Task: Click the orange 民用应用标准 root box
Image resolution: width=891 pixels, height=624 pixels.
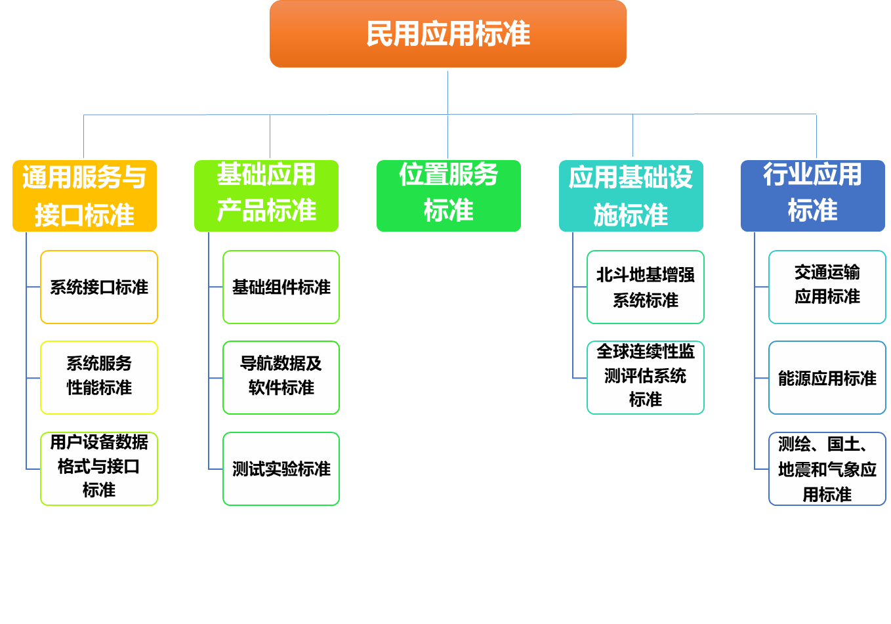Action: click(448, 34)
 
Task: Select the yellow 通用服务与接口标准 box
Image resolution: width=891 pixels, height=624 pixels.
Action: click(85, 196)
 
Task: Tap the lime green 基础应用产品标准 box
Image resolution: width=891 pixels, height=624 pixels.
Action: click(266, 196)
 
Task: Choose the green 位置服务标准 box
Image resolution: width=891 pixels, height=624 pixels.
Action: click(449, 196)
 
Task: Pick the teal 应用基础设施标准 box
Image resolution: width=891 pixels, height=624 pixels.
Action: click(631, 196)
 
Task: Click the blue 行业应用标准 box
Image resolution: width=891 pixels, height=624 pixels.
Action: click(813, 196)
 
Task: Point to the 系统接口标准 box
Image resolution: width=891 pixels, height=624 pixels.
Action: click(99, 287)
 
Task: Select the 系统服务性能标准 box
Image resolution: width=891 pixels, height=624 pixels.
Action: click(99, 377)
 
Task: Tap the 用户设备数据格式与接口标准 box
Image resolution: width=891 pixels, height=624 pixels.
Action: click(99, 468)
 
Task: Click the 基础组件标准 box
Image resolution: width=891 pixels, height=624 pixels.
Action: click(281, 287)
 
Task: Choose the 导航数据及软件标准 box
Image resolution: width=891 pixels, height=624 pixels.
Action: click(281, 377)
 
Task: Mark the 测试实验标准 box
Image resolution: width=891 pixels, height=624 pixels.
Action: click(281, 468)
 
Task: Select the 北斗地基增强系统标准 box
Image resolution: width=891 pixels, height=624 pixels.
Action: click(646, 287)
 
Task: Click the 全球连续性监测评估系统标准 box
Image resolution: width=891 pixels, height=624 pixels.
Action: click(646, 377)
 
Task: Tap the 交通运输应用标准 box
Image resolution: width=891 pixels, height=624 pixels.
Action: click(827, 287)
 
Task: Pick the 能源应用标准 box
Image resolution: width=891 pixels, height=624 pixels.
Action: click(827, 377)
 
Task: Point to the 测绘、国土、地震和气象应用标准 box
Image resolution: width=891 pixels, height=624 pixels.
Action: click(827, 468)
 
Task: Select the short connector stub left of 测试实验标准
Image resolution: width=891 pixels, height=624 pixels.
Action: click(216, 469)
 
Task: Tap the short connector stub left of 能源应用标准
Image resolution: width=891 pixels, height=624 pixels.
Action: click(762, 378)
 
